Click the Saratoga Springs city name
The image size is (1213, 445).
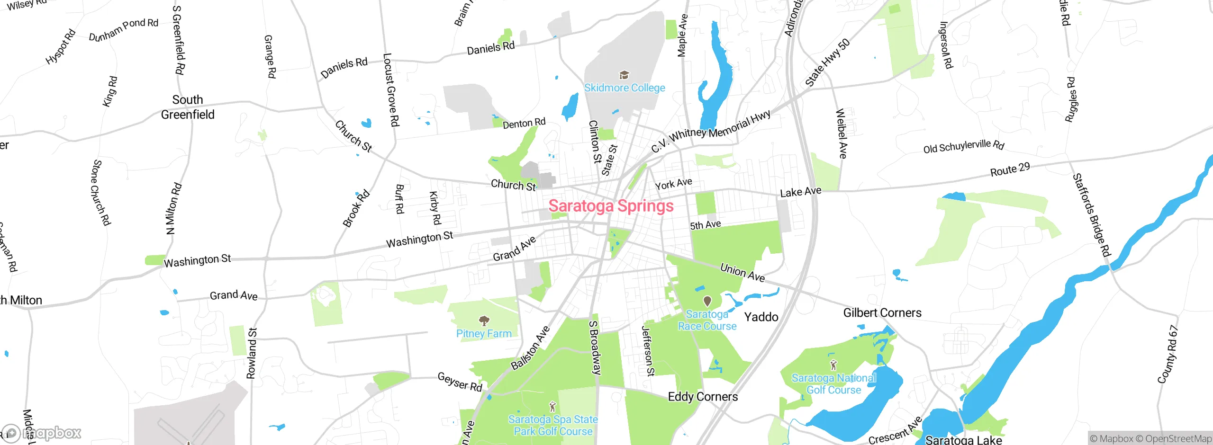tap(611, 206)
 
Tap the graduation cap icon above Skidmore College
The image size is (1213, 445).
tap(624, 75)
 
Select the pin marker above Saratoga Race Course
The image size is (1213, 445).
tap(707, 301)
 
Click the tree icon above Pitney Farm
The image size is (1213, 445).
tap(484, 321)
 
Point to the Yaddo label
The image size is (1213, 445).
tap(761, 317)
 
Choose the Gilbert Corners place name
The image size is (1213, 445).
tap(882, 313)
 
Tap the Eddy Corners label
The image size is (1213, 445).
tap(703, 397)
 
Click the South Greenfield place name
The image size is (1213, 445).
tap(188, 107)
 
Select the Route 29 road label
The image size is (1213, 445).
tap(1010, 169)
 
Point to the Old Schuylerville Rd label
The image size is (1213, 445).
tap(964, 146)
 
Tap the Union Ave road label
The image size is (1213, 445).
tap(742, 272)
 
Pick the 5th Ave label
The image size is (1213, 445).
tap(705, 225)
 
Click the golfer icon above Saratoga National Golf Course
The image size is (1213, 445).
tap(833, 365)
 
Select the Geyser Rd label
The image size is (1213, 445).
tap(460, 382)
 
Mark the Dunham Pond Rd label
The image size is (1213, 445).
tap(124, 29)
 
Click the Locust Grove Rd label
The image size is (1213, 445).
tap(391, 90)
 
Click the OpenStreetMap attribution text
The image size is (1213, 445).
tap(1178, 439)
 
